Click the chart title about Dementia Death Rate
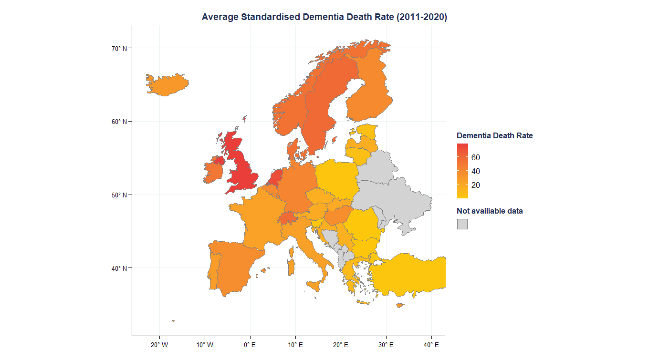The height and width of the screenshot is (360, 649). (x=324, y=17)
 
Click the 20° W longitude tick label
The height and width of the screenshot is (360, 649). (x=159, y=345)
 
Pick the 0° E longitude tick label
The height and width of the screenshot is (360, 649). (x=250, y=345)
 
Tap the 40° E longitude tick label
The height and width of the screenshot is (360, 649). (x=431, y=345)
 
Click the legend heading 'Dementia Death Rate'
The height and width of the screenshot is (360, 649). (x=494, y=136)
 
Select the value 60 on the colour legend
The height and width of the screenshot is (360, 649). (x=475, y=158)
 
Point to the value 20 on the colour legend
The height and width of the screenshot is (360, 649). (x=475, y=185)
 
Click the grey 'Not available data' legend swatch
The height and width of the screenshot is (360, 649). (x=462, y=224)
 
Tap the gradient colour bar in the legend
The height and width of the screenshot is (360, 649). (x=462, y=171)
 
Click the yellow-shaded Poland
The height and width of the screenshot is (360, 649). (x=337, y=179)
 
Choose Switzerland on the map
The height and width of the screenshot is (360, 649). (x=287, y=218)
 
